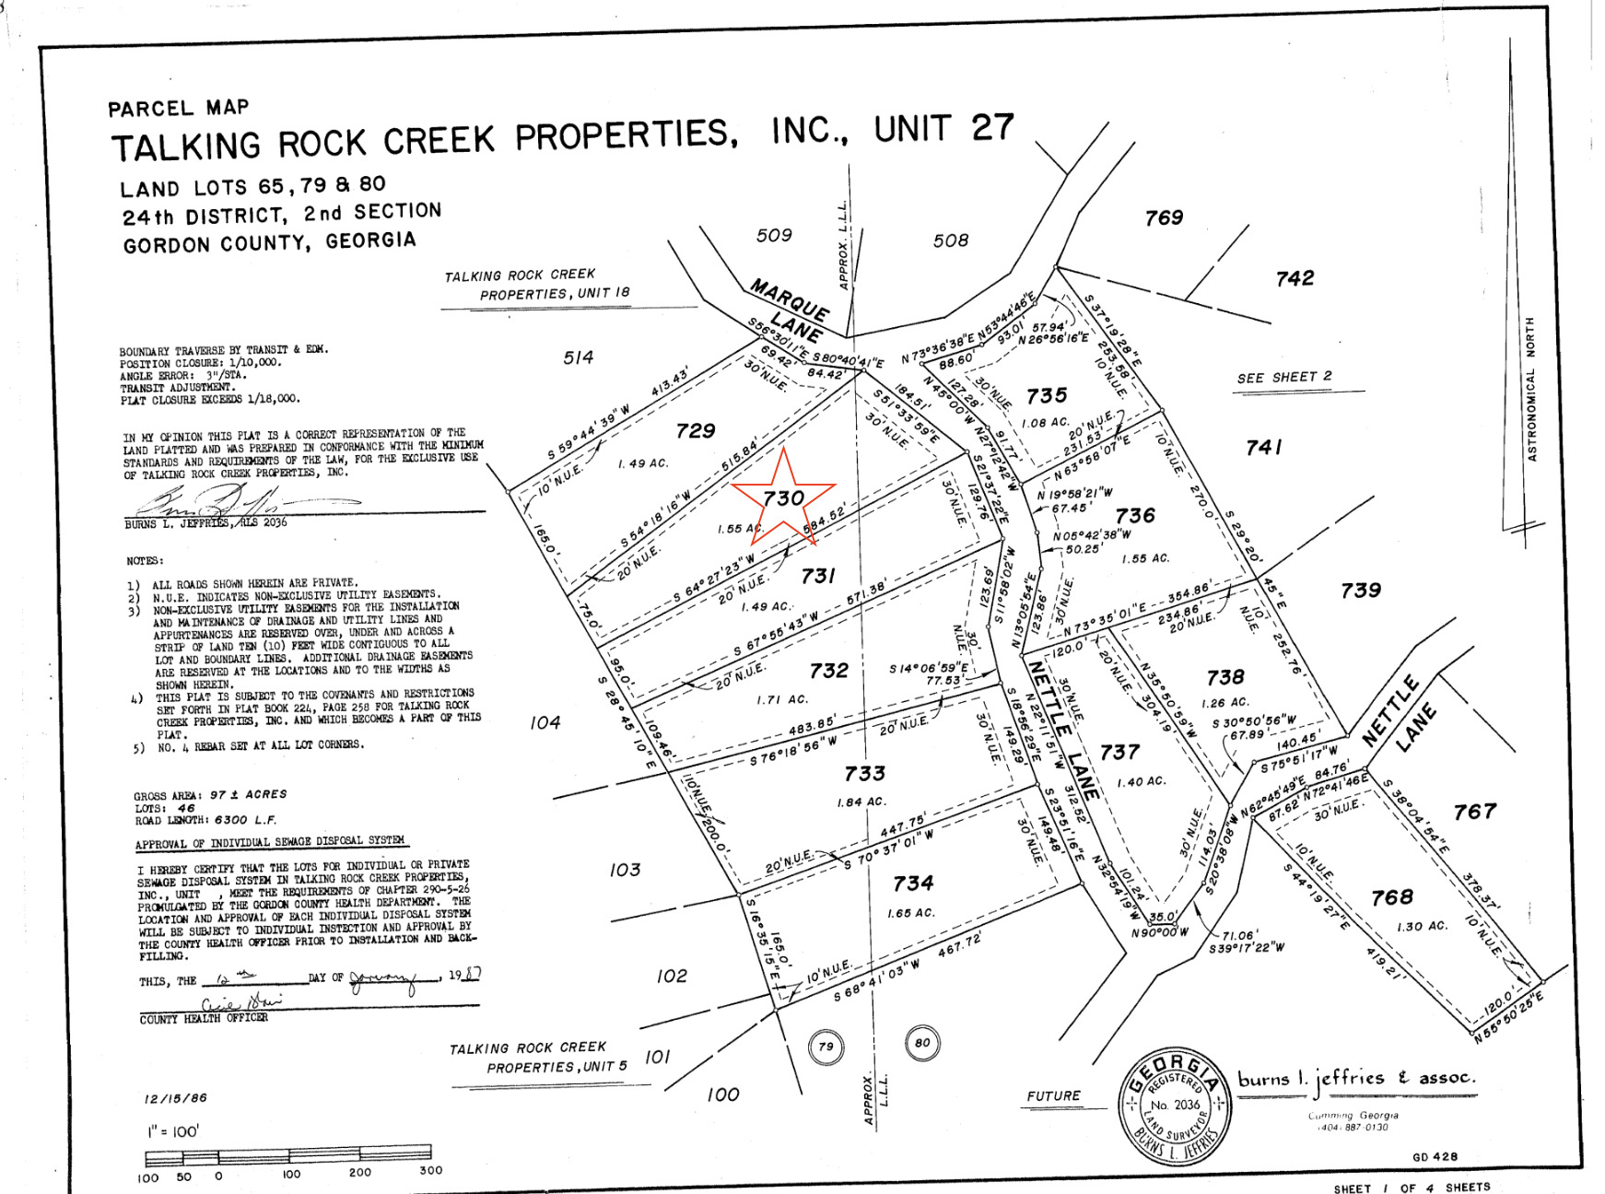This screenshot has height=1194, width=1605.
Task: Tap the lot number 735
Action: pyautogui.click(x=1047, y=396)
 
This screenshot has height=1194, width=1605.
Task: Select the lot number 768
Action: pyautogui.click(x=1391, y=897)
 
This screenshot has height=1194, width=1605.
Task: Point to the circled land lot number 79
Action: pyautogui.click(x=826, y=1047)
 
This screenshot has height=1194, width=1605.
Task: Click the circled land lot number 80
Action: pyautogui.click(x=922, y=1043)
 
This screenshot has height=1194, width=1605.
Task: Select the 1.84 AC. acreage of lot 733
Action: pyautogui.click(x=861, y=802)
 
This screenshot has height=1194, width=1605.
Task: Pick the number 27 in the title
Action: pyautogui.click(x=991, y=127)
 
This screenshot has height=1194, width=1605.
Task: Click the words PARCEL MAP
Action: pyautogui.click(x=178, y=109)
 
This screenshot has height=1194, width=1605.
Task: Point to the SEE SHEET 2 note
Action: pyautogui.click(x=1284, y=377)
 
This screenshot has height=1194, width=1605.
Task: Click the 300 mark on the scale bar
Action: pyautogui.click(x=430, y=1170)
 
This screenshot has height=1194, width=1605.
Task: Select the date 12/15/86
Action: pyautogui.click(x=175, y=1098)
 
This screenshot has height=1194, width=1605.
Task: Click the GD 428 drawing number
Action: pyautogui.click(x=1435, y=1156)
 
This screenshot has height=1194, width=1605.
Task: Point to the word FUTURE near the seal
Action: pyautogui.click(x=1054, y=1095)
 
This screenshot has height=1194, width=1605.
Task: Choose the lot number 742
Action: pyautogui.click(x=1295, y=278)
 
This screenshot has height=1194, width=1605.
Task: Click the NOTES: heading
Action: pyautogui.click(x=145, y=560)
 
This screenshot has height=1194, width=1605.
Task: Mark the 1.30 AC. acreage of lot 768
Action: pyautogui.click(x=1423, y=926)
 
